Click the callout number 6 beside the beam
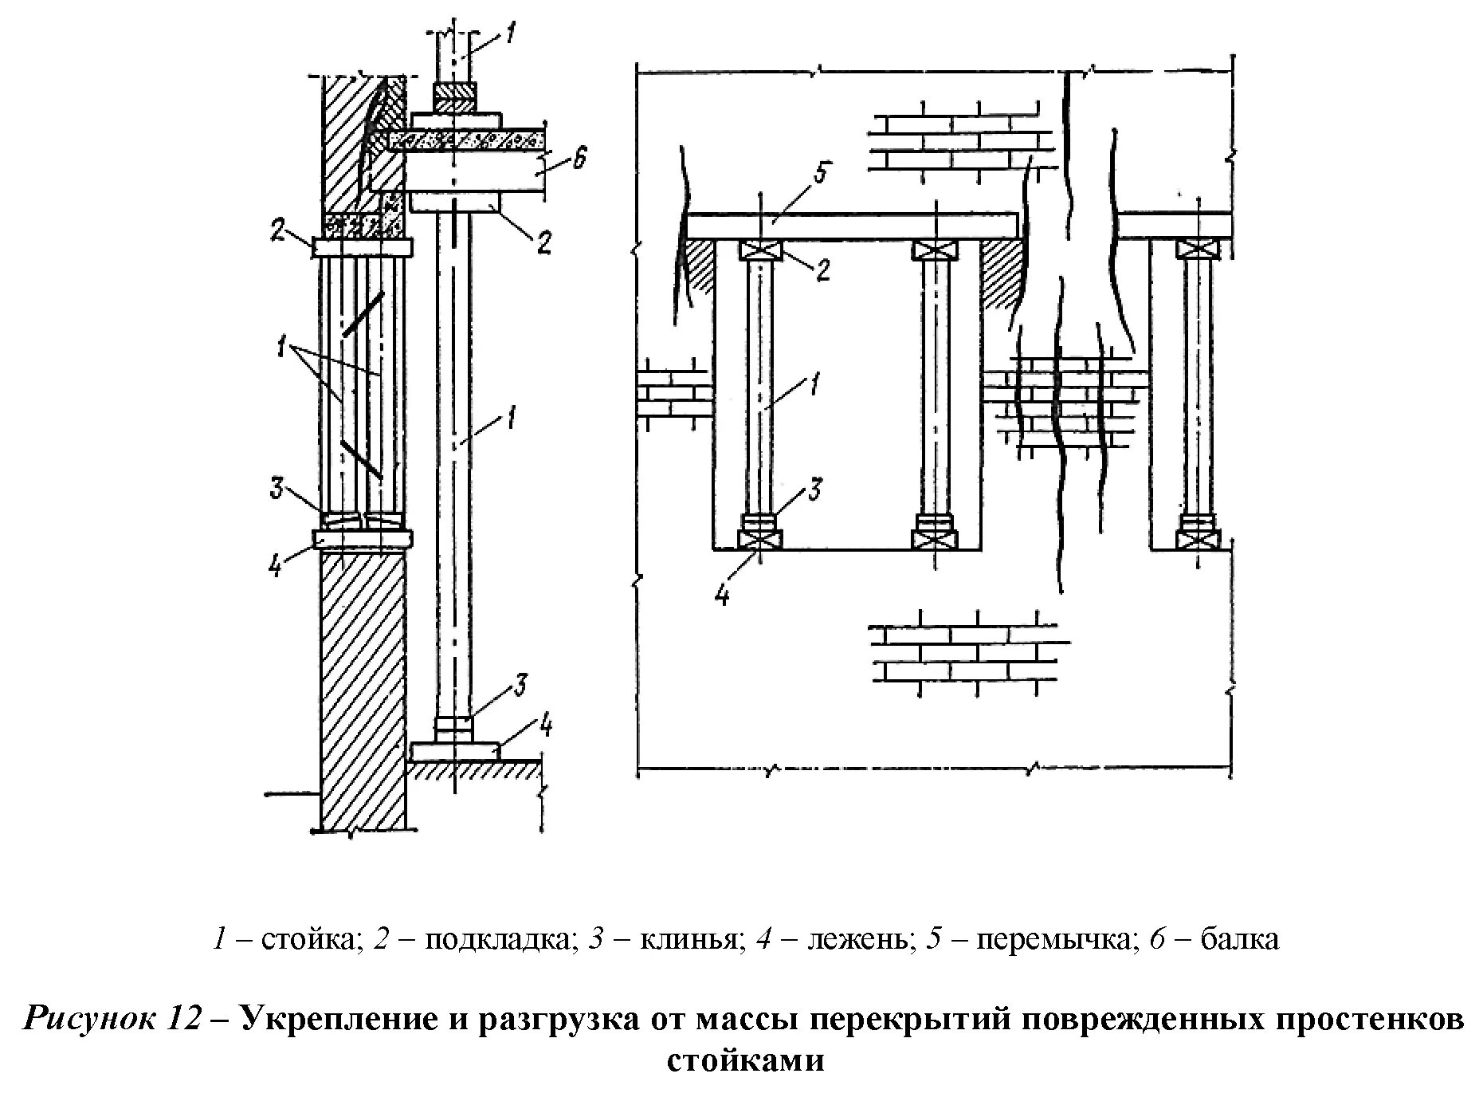(x=579, y=159)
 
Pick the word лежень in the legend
(x=857, y=939)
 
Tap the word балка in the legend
(x=1240, y=939)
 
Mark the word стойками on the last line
(x=745, y=1061)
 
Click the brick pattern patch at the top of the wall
(x=956, y=136)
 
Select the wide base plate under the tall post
(x=456, y=751)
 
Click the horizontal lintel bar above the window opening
(x=853, y=225)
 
